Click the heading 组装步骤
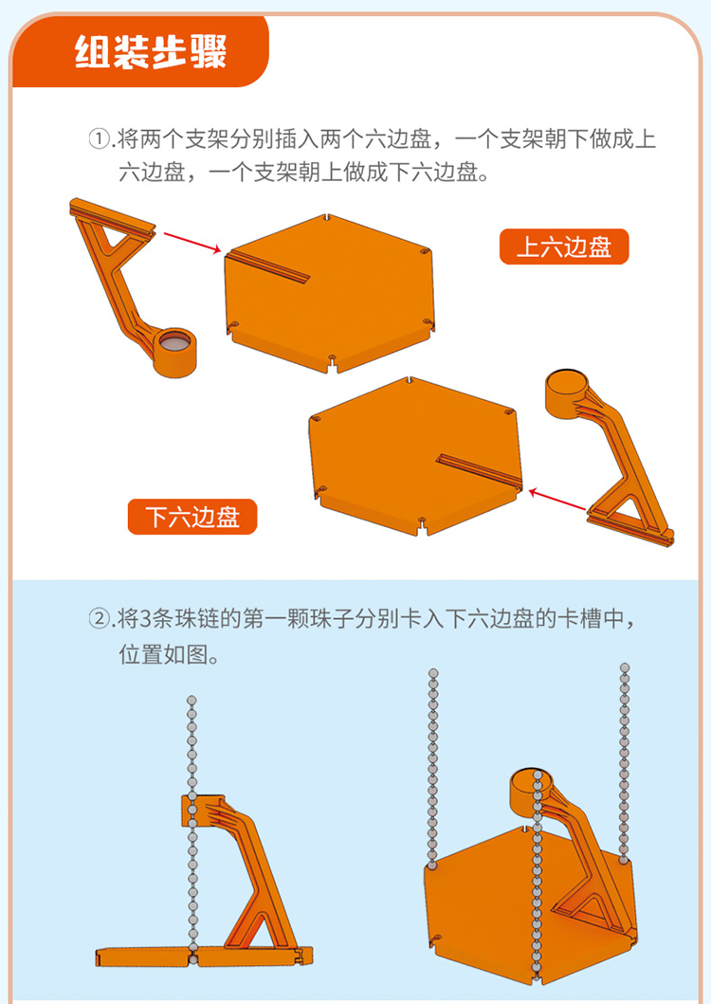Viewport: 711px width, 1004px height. click(x=151, y=51)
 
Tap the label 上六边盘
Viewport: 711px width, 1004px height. click(x=564, y=246)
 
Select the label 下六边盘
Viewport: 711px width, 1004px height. click(x=192, y=517)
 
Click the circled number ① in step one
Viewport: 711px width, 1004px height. click(x=100, y=139)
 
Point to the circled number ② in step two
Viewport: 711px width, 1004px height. click(x=100, y=619)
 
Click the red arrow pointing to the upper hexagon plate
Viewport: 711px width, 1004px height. click(x=192, y=244)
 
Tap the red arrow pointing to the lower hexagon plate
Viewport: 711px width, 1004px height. click(x=557, y=500)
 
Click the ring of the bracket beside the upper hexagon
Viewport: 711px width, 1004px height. click(x=174, y=352)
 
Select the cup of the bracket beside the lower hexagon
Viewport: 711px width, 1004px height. click(x=566, y=392)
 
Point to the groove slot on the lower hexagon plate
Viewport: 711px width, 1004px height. click(x=479, y=470)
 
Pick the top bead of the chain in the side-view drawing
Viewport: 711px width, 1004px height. click(x=191, y=701)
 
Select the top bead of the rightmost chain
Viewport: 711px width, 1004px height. click(x=625, y=667)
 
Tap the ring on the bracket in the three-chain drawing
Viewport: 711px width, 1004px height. click(x=531, y=791)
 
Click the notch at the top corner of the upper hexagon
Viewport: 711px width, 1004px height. click(x=327, y=218)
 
